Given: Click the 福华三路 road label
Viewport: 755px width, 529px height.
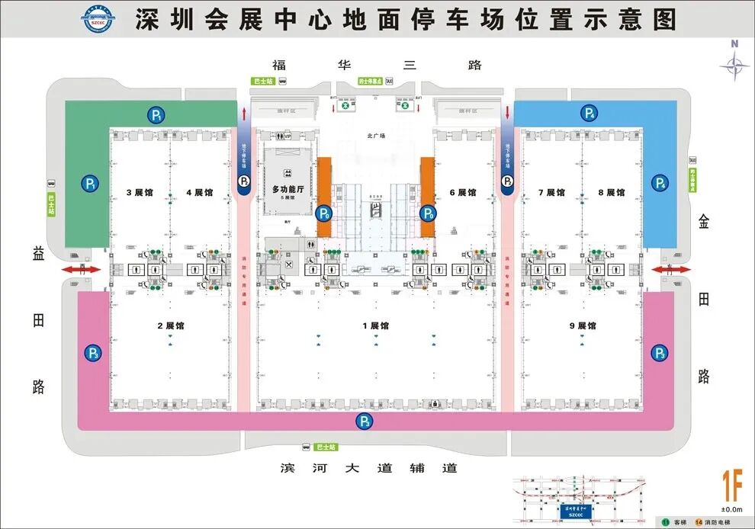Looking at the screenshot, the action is coord(377,66).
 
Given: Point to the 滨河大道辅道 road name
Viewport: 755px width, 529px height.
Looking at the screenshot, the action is coord(369,467).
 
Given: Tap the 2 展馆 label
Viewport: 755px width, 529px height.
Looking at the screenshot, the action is coord(170,325).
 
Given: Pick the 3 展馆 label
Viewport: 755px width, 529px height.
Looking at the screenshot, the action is coord(139,193).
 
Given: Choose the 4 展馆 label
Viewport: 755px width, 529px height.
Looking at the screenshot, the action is coord(199,193).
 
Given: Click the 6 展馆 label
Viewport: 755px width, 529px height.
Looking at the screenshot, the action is coord(462,193).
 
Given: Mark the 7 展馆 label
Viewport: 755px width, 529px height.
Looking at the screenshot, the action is coord(551,193).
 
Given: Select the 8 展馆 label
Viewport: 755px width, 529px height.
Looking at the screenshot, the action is coord(611,193).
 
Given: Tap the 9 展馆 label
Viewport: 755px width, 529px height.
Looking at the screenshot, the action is coord(582,325).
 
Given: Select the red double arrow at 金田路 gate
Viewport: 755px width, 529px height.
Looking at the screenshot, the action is coord(670,270).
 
